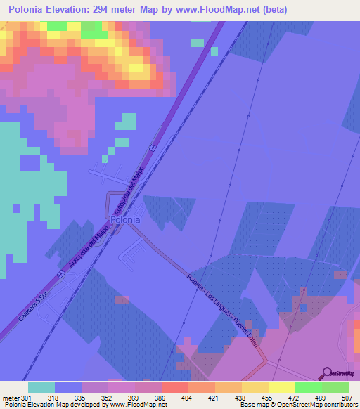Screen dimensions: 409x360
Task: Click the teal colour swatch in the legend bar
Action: pos(41,387)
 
